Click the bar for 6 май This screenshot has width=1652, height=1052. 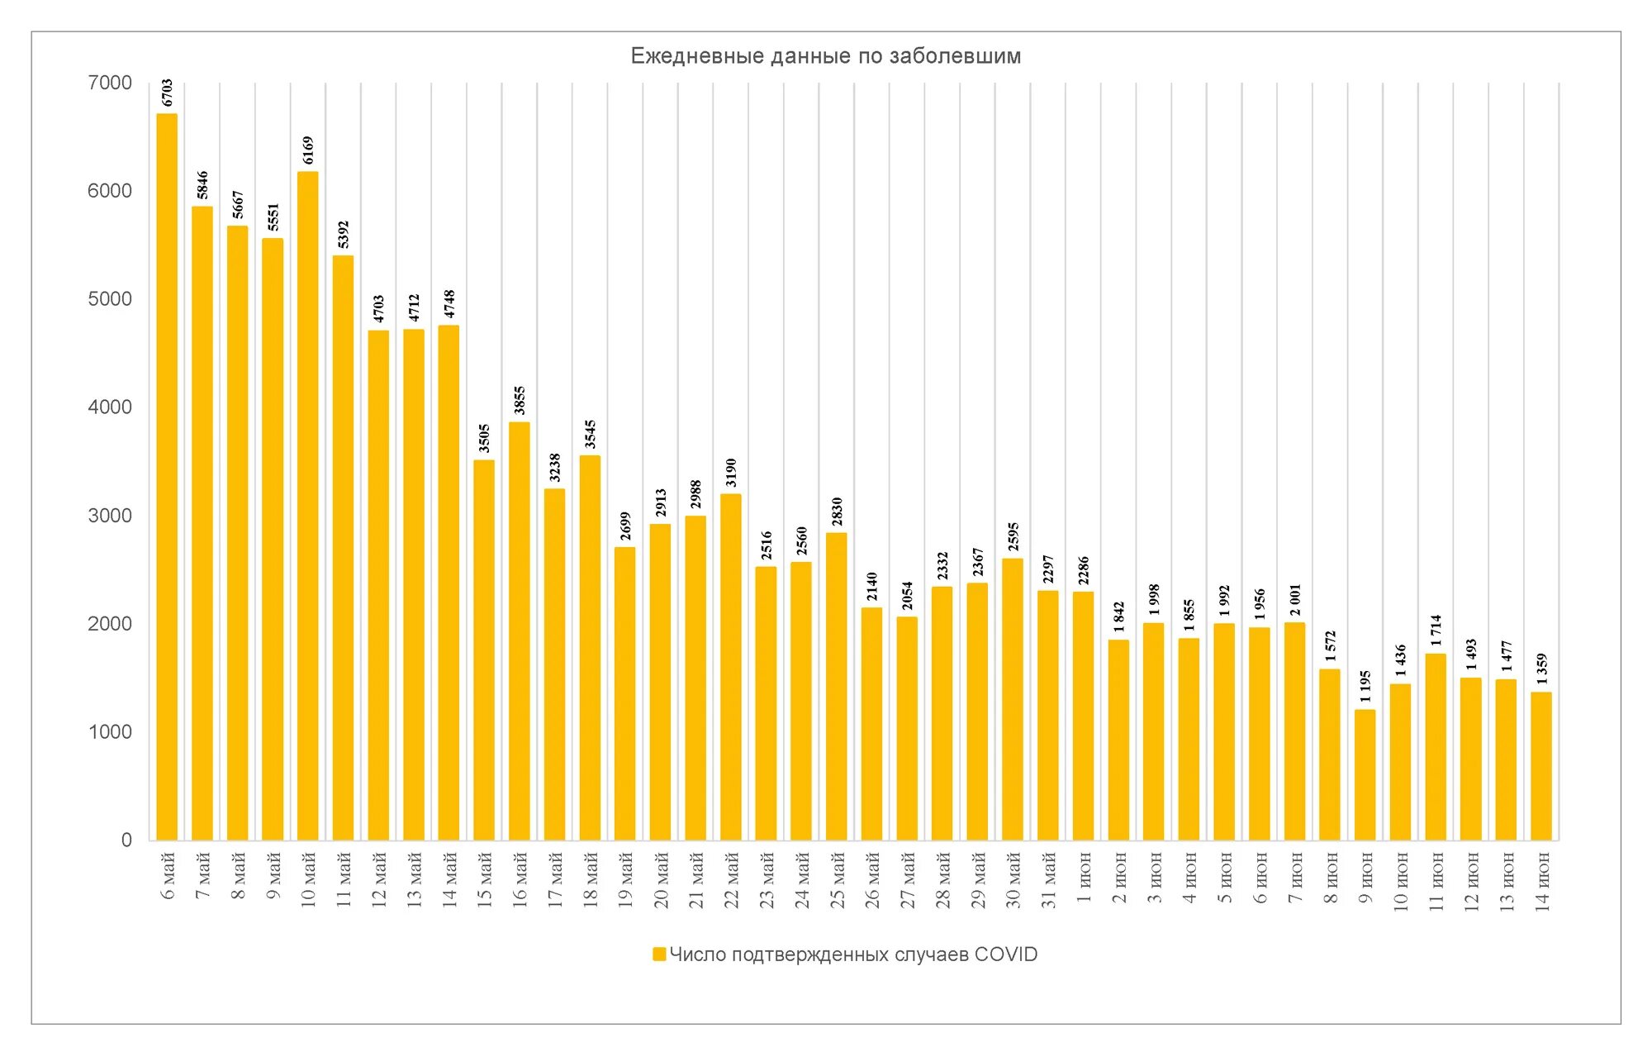[x=167, y=477]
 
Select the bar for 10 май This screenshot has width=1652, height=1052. [x=307, y=506]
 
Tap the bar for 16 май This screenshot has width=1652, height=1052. [x=519, y=631]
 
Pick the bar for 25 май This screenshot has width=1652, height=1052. [x=836, y=686]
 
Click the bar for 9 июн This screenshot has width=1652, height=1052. [x=1365, y=774]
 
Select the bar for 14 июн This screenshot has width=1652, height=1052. [x=1541, y=766]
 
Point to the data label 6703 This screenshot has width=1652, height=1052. [x=168, y=93]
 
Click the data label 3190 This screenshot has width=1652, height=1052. [x=731, y=472]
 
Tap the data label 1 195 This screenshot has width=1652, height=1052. [x=1365, y=686]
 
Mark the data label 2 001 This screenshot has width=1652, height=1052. [x=1295, y=600]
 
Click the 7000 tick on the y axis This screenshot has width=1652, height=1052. [x=110, y=83]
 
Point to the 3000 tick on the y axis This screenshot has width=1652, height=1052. [x=110, y=516]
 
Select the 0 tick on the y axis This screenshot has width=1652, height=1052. [x=126, y=840]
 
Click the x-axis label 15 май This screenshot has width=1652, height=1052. [x=485, y=880]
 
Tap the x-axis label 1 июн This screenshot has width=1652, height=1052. [x=1084, y=877]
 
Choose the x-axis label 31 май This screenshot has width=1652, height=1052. [x=1049, y=880]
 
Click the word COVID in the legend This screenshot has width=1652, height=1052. [x=1005, y=954]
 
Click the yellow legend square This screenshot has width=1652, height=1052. [x=659, y=954]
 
